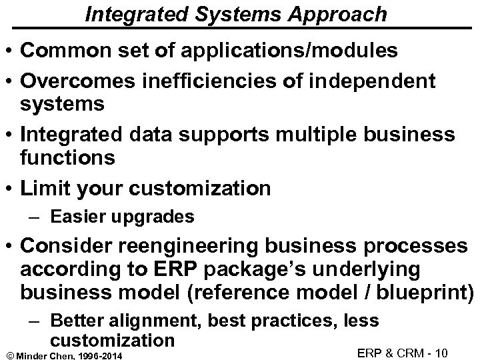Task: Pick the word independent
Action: click(374, 81)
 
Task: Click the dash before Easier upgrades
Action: click(39, 217)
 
